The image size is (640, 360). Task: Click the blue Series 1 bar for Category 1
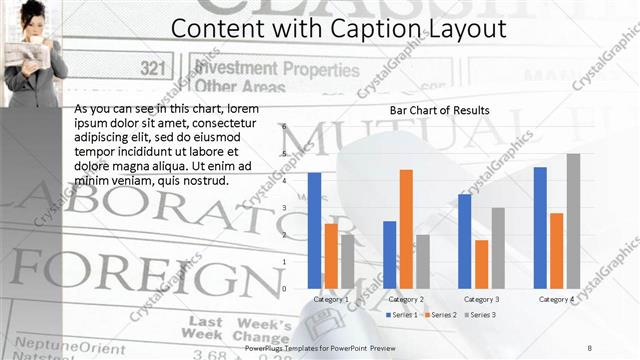point(315,230)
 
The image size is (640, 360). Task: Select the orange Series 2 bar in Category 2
point(406,229)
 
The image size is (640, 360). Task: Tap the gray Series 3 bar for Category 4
point(573,221)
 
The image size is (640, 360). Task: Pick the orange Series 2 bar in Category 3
point(481,264)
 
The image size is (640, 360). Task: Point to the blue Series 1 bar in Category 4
point(540,227)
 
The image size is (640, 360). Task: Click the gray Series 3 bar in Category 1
point(347,261)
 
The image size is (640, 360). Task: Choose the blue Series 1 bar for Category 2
point(390,254)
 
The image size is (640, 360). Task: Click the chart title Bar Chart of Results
point(440,109)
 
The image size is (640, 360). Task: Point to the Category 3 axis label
point(481,299)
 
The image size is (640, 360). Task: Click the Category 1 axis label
point(331,299)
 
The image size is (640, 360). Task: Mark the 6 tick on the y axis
point(284,126)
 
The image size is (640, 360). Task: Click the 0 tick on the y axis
point(284,288)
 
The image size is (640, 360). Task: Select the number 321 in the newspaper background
point(152,68)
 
